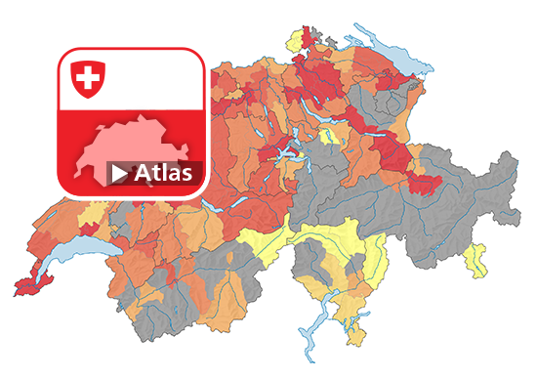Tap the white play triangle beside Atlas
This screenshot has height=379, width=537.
pos(119,175)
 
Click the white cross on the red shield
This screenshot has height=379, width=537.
pos(87,77)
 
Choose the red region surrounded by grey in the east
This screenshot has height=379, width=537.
pos(426,184)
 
